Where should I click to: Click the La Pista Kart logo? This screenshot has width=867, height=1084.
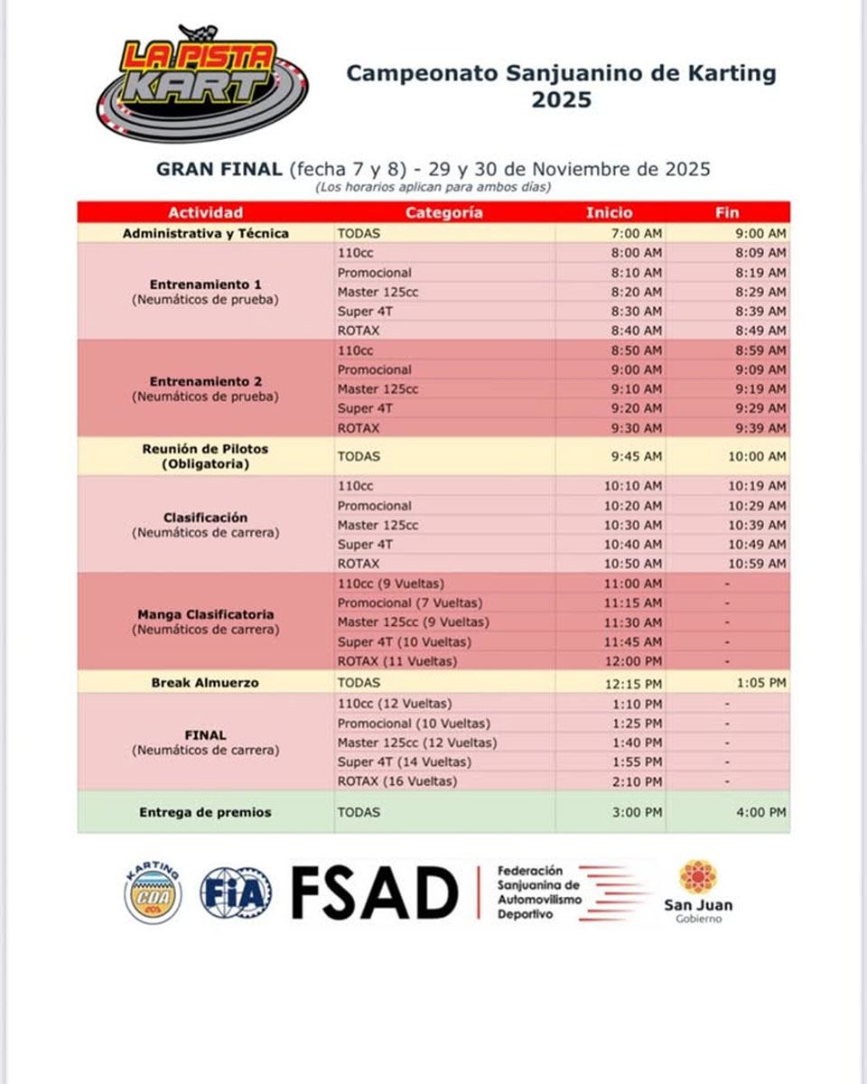(x=202, y=83)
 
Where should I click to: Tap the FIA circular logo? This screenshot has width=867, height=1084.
(x=235, y=893)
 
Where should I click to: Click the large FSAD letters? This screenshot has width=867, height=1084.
(x=375, y=892)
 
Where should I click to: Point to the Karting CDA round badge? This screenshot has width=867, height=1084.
(x=153, y=893)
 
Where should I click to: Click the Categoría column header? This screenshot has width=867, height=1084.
(x=443, y=213)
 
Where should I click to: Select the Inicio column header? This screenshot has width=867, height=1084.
(x=610, y=213)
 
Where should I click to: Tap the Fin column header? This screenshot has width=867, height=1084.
(x=727, y=213)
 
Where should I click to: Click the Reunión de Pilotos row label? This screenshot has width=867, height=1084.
(x=205, y=456)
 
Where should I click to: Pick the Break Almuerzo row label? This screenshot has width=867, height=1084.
(x=205, y=683)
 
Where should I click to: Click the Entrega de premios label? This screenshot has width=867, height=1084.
(x=205, y=812)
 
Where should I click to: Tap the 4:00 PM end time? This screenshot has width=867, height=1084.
(x=760, y=812)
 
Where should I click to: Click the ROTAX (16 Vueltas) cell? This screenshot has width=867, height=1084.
(x=397, y=781)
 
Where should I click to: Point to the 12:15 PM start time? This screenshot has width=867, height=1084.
(x=634, y=683)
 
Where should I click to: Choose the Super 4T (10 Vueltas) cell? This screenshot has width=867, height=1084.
(x=404, y=642)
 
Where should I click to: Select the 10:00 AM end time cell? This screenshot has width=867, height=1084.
(x=757, y=457)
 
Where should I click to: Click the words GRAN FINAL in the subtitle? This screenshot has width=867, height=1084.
(x=219, y=169)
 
